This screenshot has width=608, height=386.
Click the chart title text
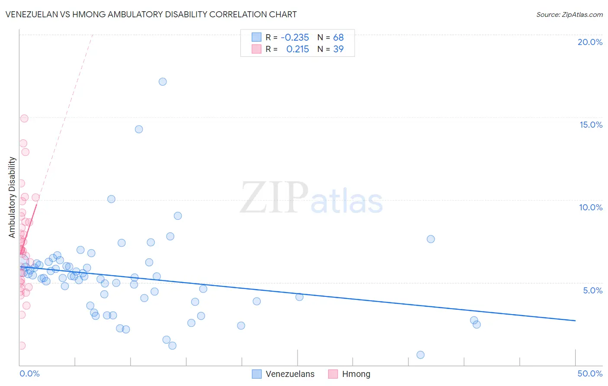151,14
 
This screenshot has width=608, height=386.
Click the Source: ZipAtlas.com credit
569,14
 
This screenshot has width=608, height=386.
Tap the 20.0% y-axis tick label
590,42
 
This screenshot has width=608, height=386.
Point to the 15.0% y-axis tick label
591,125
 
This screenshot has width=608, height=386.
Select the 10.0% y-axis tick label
591,207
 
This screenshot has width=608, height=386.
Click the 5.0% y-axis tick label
592,290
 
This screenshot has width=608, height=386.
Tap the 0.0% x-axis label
29,373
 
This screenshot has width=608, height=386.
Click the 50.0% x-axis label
590,373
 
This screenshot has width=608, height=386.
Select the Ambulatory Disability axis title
12,197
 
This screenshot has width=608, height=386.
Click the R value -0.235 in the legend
295,37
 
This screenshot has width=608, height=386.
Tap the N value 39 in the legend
338,49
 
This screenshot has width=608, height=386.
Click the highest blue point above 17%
163,82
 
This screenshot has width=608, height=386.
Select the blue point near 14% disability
139,129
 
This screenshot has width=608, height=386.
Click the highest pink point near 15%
24,119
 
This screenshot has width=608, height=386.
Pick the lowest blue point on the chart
420,355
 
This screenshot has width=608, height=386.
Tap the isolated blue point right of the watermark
431,239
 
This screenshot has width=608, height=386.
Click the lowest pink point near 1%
21,346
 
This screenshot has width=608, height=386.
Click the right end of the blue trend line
575,321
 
